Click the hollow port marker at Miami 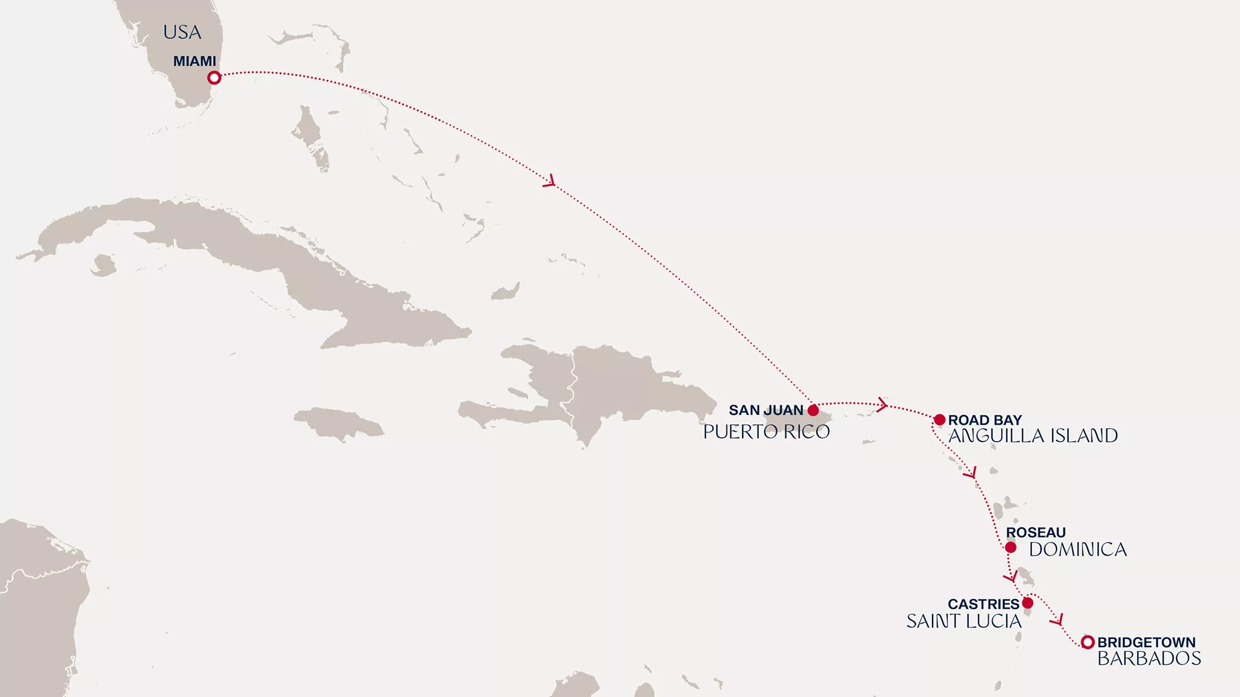[214, 77]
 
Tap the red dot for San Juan [813, 410]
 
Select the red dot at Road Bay [940, 420]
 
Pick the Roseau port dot [1011, 548]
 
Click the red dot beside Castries [1028, 603]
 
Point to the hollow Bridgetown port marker [1088, 642]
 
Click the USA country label [182, 32]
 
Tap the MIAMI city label [194, 61]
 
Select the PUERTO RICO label [766, 432]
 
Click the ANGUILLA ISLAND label [1033, 436]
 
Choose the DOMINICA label [1077, 549]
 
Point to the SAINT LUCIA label [964, 621]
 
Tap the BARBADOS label [1149, 658]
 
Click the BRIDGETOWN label [1146, 642]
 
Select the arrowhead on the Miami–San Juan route [550, 181]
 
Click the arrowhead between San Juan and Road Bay [882, 405]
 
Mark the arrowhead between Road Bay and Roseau [971, 474]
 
